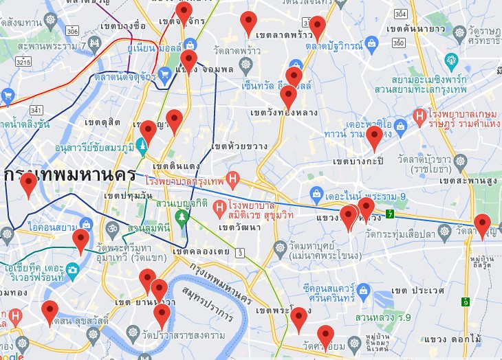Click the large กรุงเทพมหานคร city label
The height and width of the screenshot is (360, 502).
tap(69, 175)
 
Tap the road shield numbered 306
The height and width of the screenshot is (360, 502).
tap(73, 30)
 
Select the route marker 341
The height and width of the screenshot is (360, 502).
tap(36, 110)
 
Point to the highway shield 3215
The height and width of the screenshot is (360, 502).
tap(23, 62)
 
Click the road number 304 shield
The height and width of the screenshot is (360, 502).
tap(401, 14)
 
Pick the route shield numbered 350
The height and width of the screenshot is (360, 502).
tap(398, 43)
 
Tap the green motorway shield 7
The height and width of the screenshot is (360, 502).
tap(390, 214)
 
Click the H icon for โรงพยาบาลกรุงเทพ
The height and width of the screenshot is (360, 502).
tap(232, 181)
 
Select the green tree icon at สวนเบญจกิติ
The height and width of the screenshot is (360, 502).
tap(182, 217)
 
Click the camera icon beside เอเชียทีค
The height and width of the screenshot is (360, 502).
tap(72, 270)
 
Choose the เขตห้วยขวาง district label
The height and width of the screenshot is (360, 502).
tap(239, 146)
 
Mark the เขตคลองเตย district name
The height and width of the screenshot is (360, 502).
tap(200, 252)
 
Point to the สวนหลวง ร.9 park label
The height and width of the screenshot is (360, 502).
tap(393, 317)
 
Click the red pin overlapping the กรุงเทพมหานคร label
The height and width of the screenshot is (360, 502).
tap(29, 184)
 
